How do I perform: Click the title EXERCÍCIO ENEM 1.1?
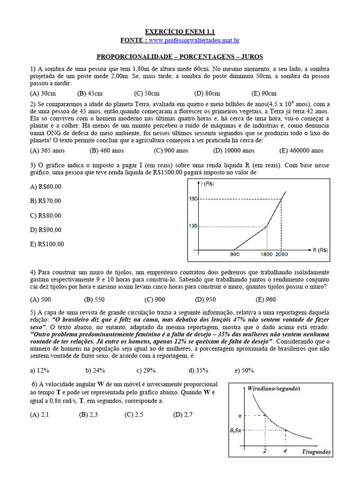(180, 32)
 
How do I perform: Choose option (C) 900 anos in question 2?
(171, 150)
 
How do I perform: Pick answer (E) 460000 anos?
(301, 150)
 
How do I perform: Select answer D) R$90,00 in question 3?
(45, 230)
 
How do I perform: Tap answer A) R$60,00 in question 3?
(45, 187)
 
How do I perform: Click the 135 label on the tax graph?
(194, 226)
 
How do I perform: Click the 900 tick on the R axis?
(234, 255)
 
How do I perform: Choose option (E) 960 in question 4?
(266, 300)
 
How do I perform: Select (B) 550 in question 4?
(94, 300)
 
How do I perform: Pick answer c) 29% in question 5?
(146, 370)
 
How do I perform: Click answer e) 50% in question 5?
(244, 370)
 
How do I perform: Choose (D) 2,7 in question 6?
(183, 415)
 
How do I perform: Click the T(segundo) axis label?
(316, 452)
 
